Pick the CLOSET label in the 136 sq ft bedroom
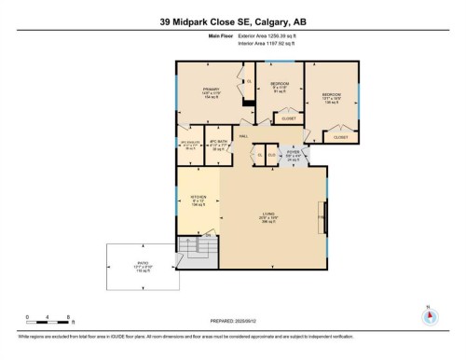340,137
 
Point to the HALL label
243,136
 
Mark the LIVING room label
268,216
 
